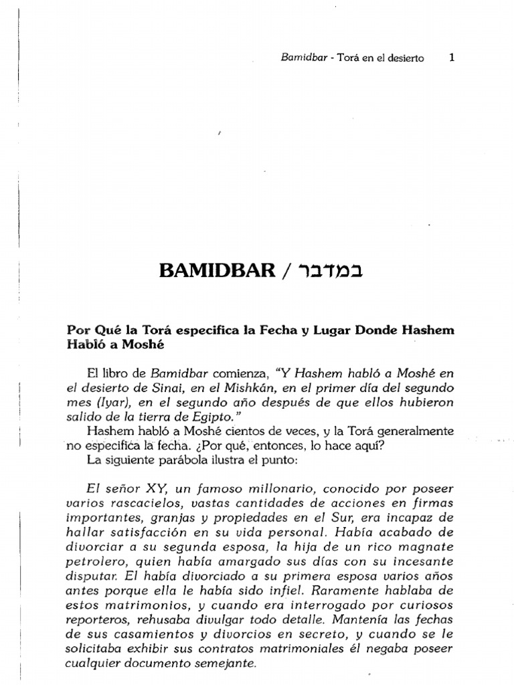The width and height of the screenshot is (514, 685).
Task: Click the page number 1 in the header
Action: pyautogui.click(x=452, y=58)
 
